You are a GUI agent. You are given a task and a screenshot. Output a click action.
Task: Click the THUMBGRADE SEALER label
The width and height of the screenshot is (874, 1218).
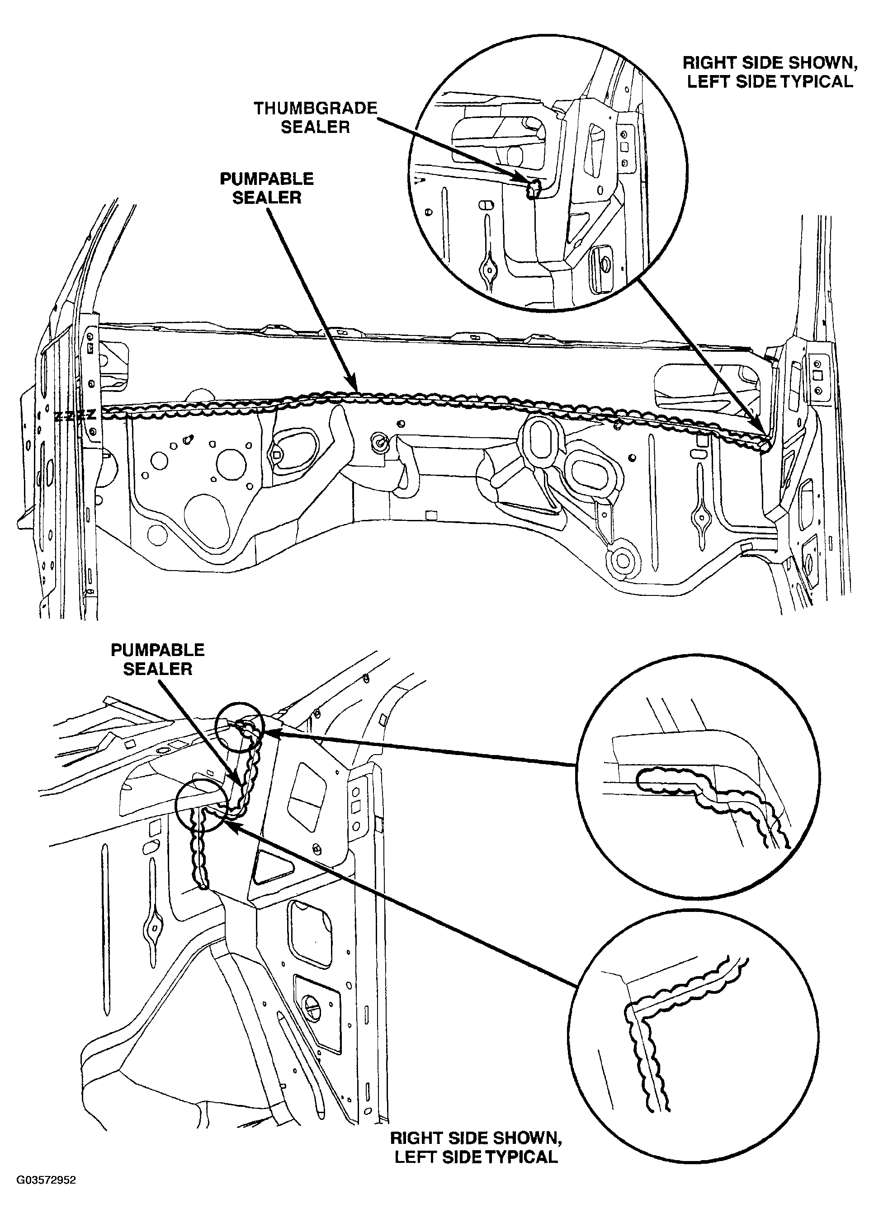pyautogui.click(x=315, y=118)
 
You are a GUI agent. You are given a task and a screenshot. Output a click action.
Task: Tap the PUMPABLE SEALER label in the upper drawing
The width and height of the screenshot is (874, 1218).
pyautogui.click(x=267, y=188)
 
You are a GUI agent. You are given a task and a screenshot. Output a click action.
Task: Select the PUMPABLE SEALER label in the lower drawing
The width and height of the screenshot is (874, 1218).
pyautogui.click(x=157, y=660)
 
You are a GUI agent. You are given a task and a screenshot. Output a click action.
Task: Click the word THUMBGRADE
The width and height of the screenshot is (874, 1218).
pyautogui.click(x=315, y=109)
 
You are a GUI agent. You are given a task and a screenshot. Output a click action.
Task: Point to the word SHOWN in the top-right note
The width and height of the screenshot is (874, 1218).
pyautogui.click(x=822, y=63)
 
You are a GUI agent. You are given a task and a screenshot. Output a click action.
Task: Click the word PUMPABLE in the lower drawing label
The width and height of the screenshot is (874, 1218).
pyautogui.click(x=157, y=650)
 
